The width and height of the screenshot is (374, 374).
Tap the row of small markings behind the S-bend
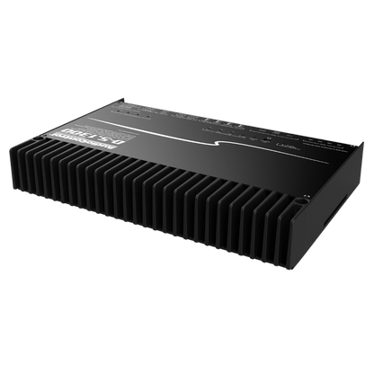pos(180,117)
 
